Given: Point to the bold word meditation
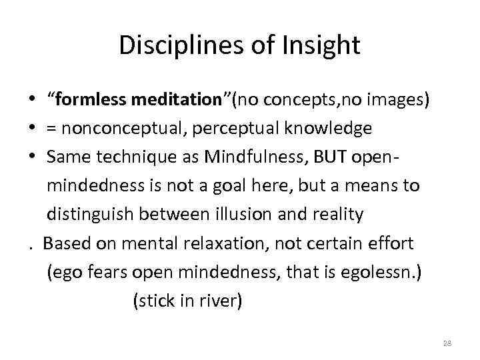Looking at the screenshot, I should (x=179, y=100).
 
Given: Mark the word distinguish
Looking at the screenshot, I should (x=99, y=214).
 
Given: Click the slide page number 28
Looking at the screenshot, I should (x=447, y=343).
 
